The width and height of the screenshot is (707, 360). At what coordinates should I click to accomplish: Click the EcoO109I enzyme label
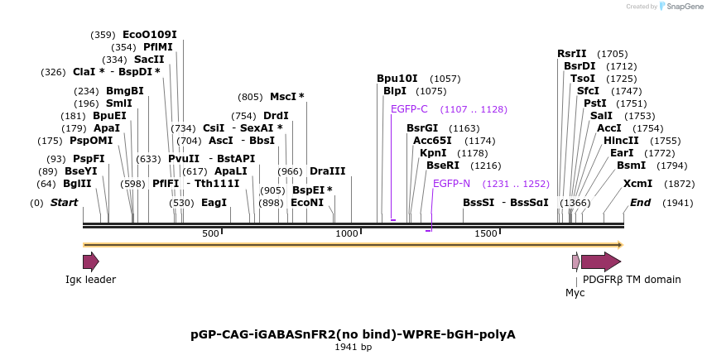coord(149,35)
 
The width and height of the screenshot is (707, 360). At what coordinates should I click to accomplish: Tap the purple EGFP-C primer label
coord(409,109)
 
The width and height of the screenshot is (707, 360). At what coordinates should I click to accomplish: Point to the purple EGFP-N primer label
coord(451,184)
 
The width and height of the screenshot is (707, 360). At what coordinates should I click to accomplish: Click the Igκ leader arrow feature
coord(90,262)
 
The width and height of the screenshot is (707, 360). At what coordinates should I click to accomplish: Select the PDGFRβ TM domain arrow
coord(600,262)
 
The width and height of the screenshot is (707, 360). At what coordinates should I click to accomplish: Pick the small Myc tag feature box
coord(576,262)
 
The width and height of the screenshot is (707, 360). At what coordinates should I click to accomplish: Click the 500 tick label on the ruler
coord(210,234)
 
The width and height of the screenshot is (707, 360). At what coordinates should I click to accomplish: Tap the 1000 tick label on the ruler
coord(347,234)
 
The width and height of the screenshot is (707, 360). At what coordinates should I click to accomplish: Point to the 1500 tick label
coord(485,234)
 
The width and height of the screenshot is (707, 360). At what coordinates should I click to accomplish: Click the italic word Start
coord(64,203)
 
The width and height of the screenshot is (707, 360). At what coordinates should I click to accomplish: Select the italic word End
coord(641,203)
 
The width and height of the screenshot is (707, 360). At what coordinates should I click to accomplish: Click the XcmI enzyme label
coord(637,184)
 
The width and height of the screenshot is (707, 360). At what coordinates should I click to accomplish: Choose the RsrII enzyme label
coord(571,54)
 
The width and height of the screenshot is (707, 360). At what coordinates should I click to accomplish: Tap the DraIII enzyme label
coord(327,171)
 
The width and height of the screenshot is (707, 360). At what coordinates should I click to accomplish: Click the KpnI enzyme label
coord(433,152)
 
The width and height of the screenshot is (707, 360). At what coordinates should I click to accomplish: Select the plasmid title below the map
coord(353,334)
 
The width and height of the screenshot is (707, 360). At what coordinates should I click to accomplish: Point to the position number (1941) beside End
coord(677,203)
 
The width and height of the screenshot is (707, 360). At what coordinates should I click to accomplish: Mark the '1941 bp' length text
coord(353,347)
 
